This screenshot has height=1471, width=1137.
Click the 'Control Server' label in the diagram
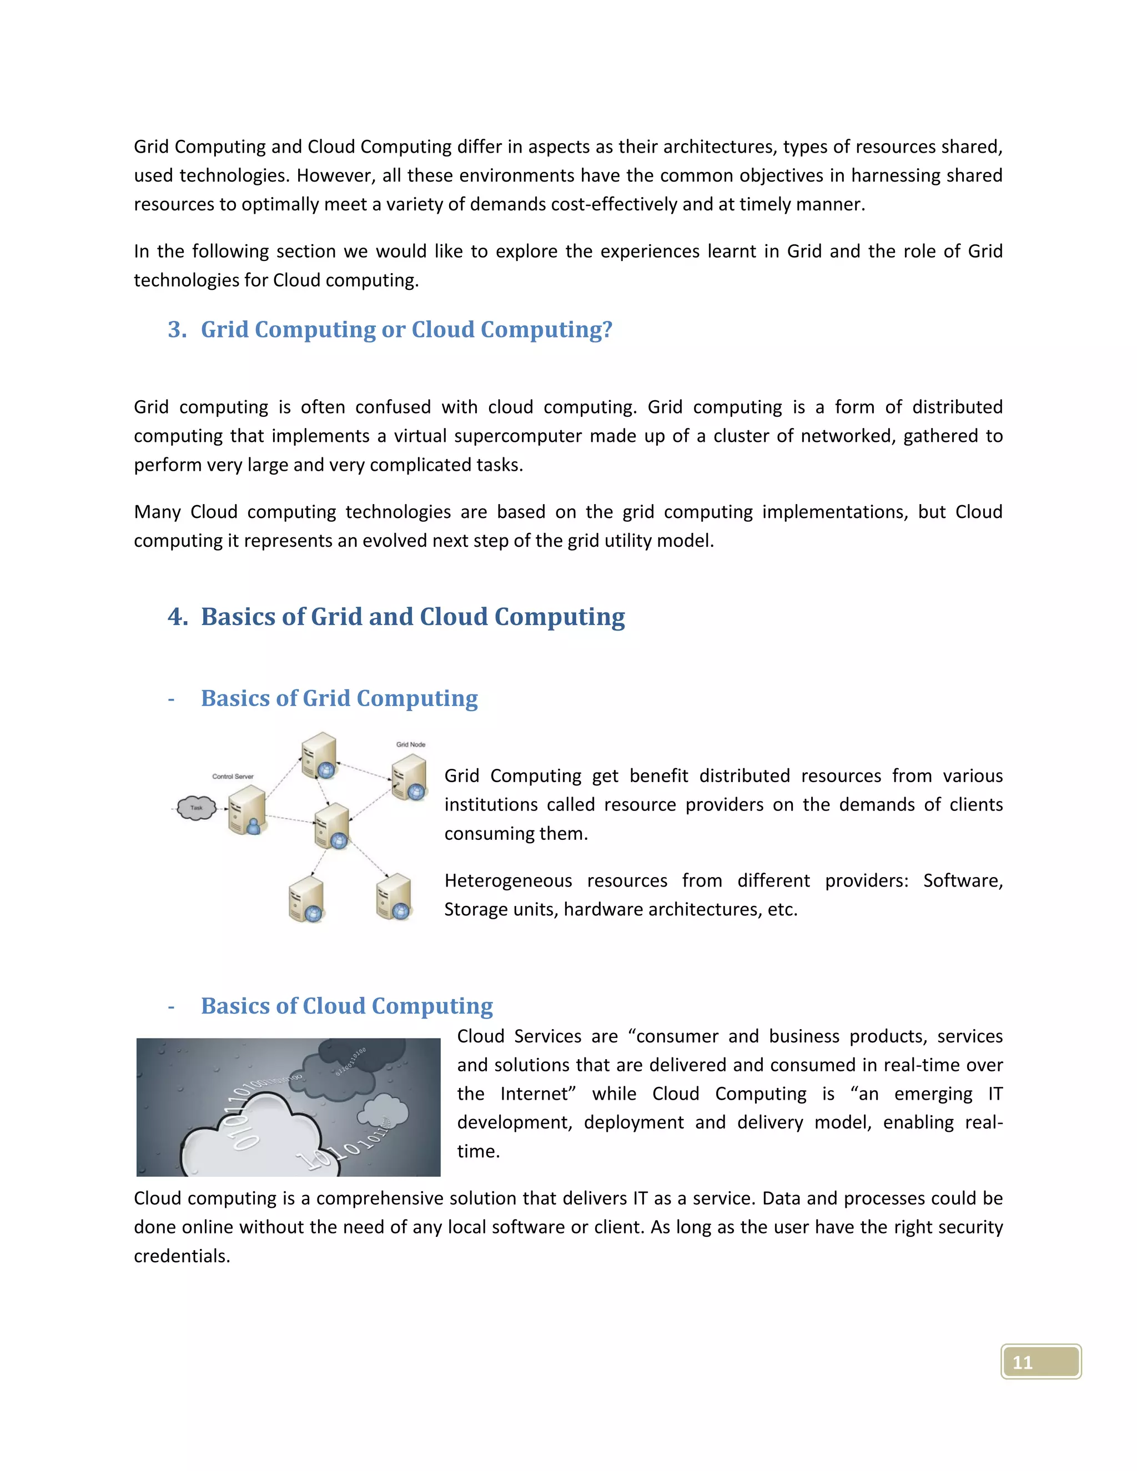(233, 777)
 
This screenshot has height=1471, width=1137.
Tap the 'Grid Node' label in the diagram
(410, 744)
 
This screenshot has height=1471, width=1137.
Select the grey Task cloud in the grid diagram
(196, 808)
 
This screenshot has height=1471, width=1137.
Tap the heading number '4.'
(178, 617)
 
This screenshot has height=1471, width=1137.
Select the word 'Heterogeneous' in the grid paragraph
(508, 880)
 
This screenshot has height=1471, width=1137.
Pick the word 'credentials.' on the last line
(182, 1256)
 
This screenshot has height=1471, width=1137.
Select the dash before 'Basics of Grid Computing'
(171, 699)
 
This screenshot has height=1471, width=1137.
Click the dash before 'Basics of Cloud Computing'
(171, 1007)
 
